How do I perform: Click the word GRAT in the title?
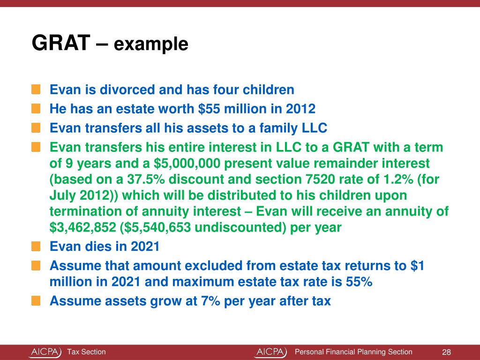[60, 44]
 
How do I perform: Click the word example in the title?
[151, 45]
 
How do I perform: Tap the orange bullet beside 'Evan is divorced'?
[36, 89]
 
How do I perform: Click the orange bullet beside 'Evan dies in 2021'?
[36, 246]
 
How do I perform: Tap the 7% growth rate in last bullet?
[192, 301]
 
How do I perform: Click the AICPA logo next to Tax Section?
[45, 352]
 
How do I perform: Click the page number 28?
[446, 352]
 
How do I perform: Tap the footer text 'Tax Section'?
[86, 352]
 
